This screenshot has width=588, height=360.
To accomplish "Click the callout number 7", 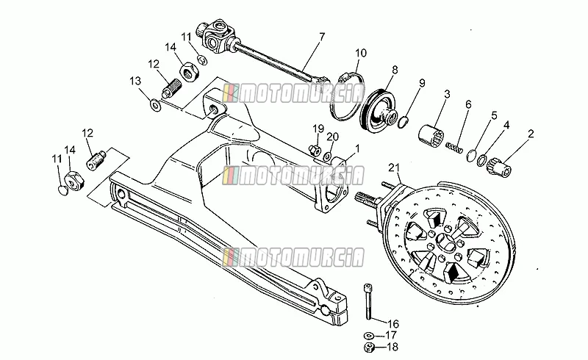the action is pyautogui.click(x=321, y=37).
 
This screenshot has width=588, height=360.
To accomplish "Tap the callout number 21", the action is pyautogui.click(x=394, y=168).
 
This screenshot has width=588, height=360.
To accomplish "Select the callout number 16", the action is pyautogui.click(x=393, y=323).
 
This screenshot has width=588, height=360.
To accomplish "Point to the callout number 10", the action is pyautogui.click(x=360, y=53).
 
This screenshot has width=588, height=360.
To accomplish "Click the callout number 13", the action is pyautogui.click(x=135, y=81).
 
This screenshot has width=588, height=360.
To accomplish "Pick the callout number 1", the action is pyautogui.click(x=357, y=149).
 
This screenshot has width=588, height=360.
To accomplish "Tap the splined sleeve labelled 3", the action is pyautogui.click(x=431, y=134).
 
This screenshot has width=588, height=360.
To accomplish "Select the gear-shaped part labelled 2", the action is pyautogui.click(x=498, y=169).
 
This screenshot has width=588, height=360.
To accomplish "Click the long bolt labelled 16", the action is pyautogui.click(x=368, y=302).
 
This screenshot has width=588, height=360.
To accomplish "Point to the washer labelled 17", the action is pyautogui.click(x=368, y=334).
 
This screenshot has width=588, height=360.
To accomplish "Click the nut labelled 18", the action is pyautogui.click(x=369, y=348).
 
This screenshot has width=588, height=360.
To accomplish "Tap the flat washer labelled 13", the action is pyautogui.click(x=155, y=104).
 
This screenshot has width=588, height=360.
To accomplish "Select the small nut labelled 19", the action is pyautogui.click(x=315, y=150).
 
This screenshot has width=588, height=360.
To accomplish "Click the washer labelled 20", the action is pyautogui.click(x=328, y=156).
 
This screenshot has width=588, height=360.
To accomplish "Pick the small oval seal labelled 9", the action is pyautogui.click(x=402, y=122).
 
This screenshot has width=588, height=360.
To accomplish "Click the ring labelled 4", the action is pyautogui.click(x=482, y=160).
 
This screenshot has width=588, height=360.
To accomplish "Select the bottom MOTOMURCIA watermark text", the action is pyautogui.click(x=293, y=257).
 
